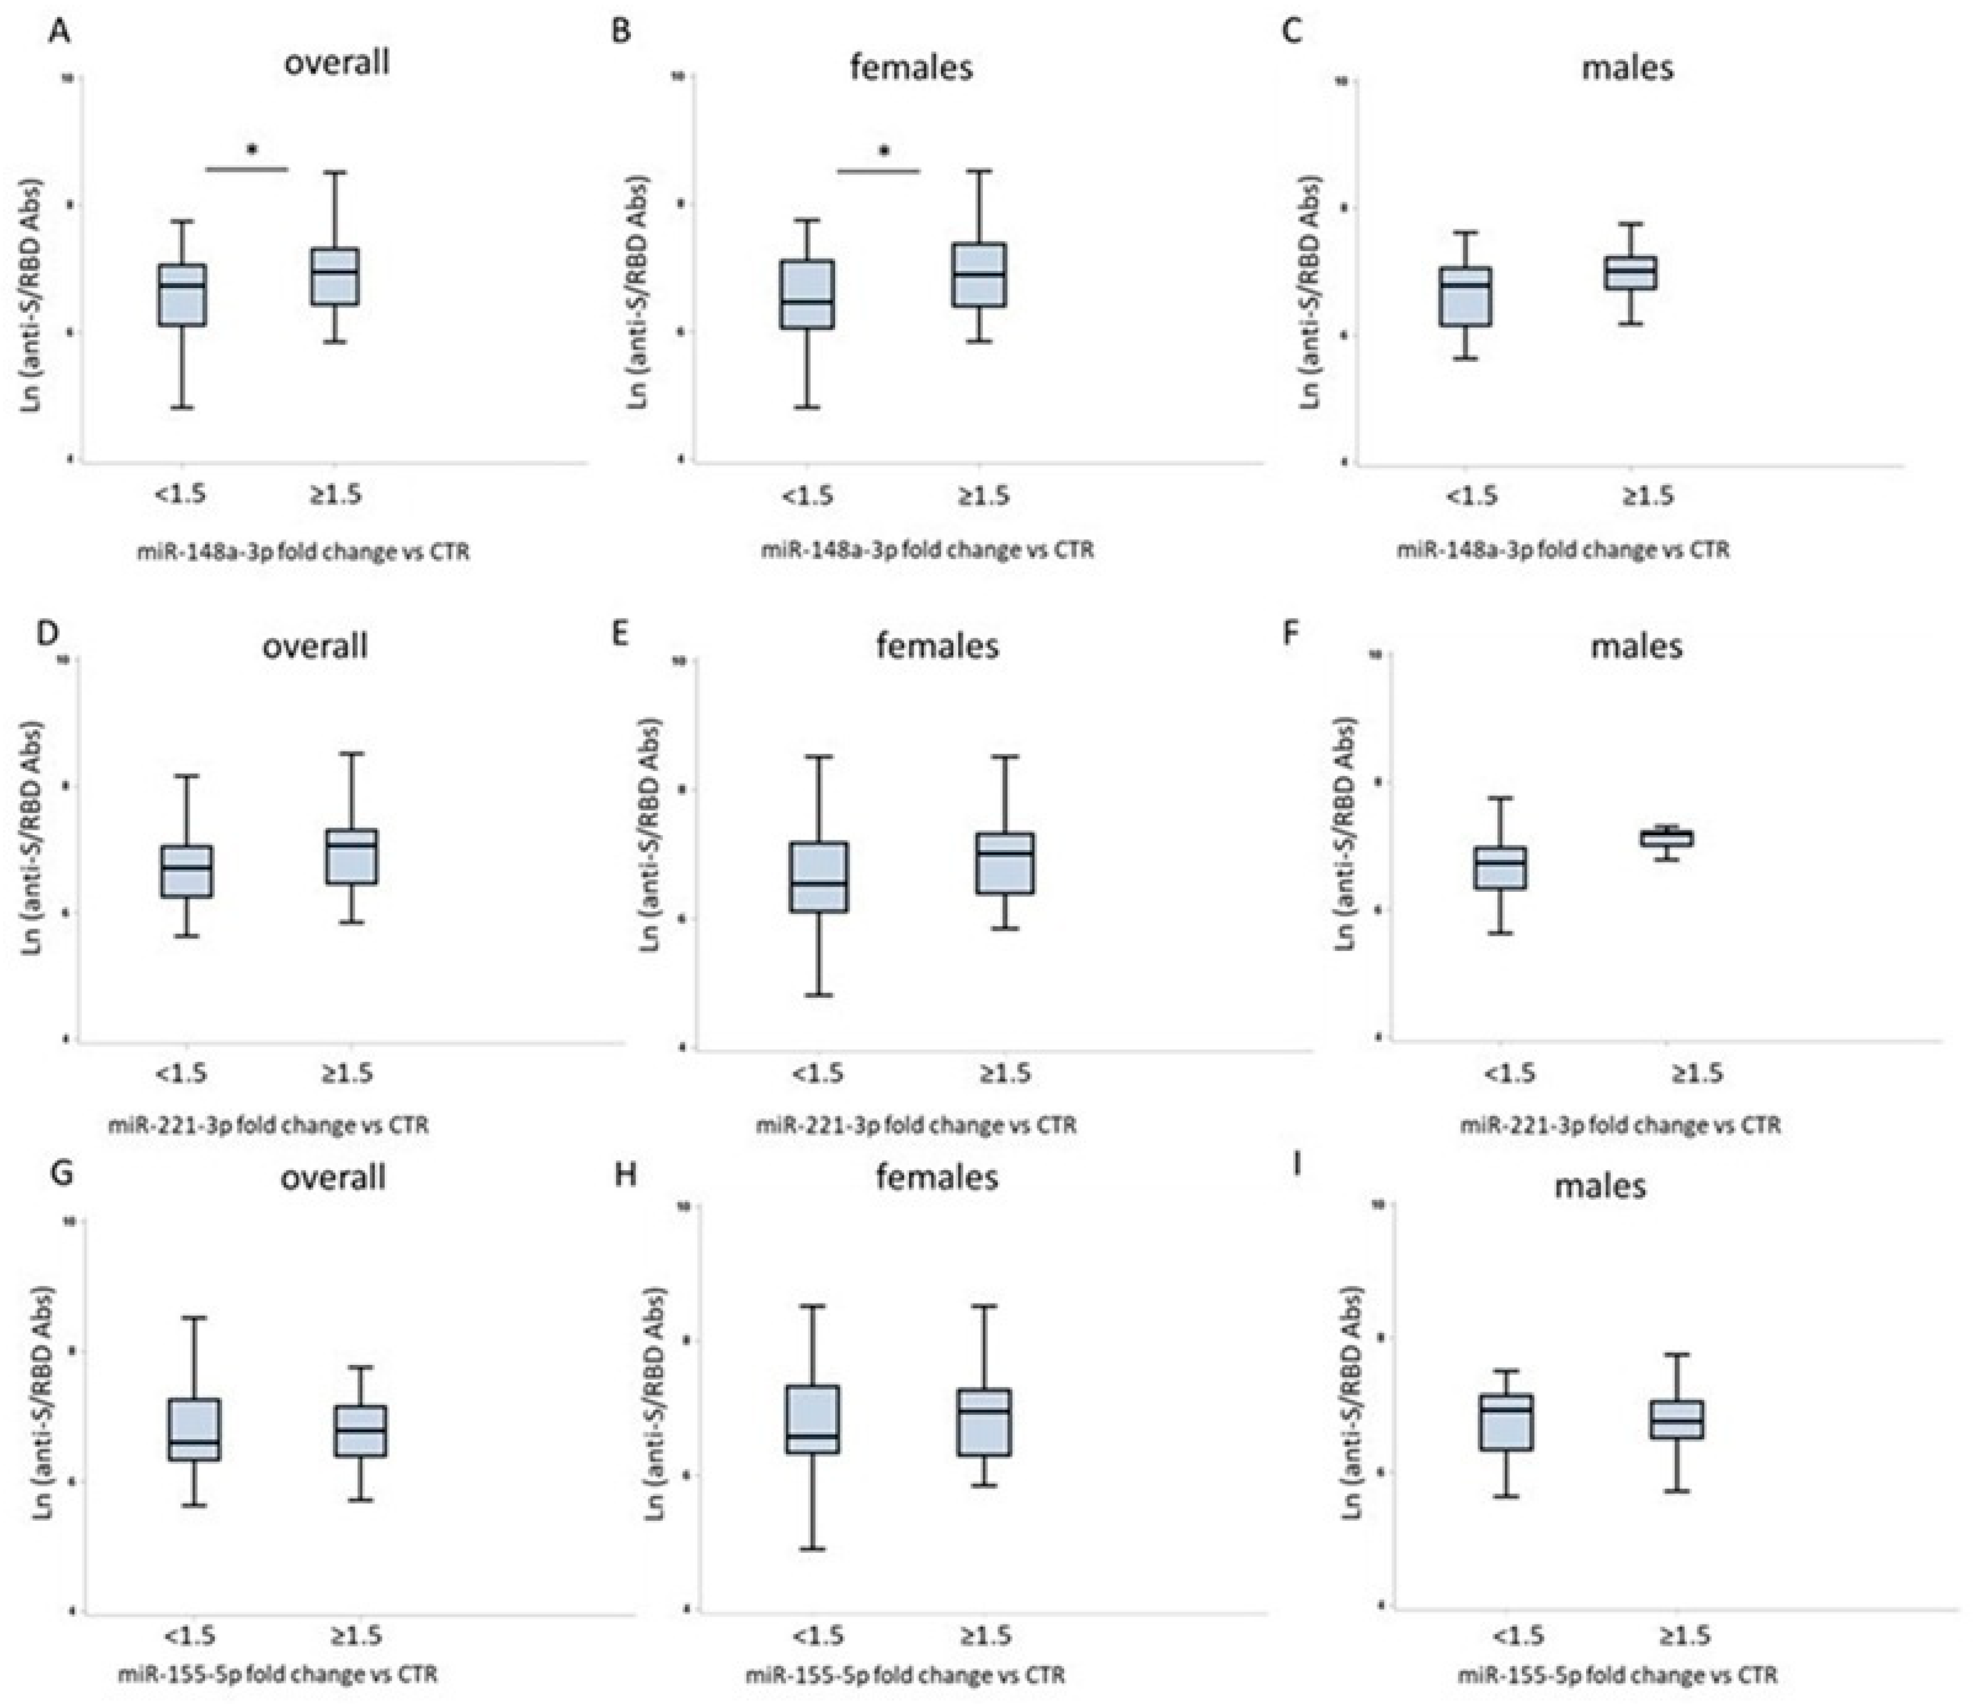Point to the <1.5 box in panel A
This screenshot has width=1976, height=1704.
coord(182,295)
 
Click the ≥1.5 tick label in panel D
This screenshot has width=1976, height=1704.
coord(346,1073)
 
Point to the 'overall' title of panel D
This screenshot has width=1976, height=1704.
coord(315,646)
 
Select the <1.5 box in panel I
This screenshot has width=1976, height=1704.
coord(1506,1423)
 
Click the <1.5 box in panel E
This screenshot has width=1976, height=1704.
coord(819,877)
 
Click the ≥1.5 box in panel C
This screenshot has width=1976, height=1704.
coord(1630,273)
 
